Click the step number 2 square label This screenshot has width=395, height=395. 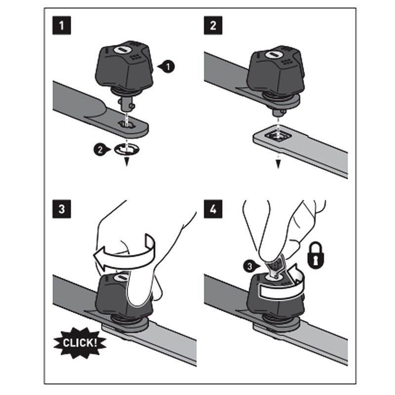tap(213, 26)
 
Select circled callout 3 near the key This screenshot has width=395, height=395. tap(251, 266)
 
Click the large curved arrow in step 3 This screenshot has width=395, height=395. tap(123, 252)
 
